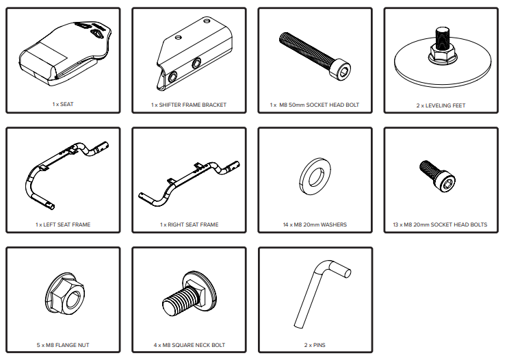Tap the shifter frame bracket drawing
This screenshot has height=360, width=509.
point(194,53)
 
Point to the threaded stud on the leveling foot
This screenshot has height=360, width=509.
point(441,38)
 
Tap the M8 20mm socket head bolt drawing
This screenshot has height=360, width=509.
point(437,176)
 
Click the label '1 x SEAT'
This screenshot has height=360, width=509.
point(63,104)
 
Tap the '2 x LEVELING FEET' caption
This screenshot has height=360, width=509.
point(441,105)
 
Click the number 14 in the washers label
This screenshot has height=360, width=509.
point(286,224)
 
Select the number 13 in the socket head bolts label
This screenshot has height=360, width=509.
point(395,224)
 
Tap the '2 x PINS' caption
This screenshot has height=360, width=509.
point(315,345)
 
